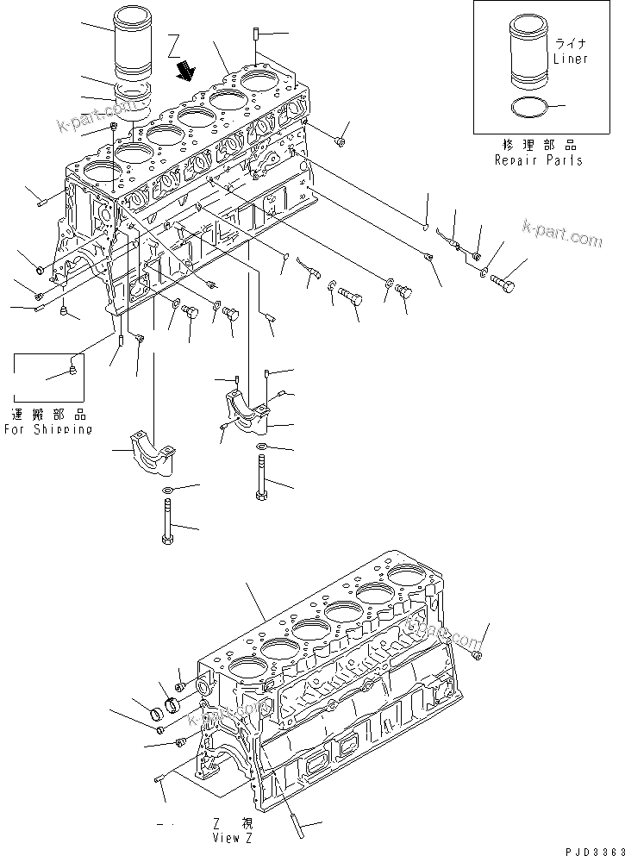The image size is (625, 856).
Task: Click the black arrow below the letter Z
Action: pos(184,69)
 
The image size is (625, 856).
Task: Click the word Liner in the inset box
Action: pos(570,59)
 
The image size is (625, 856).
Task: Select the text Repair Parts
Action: pos(538,159)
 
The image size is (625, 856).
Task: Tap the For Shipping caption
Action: pos(47,428)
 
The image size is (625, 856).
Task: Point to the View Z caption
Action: pos(233,837)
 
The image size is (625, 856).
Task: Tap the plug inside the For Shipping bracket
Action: pos(73,372)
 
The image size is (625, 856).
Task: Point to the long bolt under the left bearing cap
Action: pos(166,522)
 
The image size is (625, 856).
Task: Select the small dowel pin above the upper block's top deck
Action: pos(257,34)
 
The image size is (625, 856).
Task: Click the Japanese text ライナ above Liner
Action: pos(571,43)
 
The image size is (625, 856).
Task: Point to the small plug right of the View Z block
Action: pos(479,654)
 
